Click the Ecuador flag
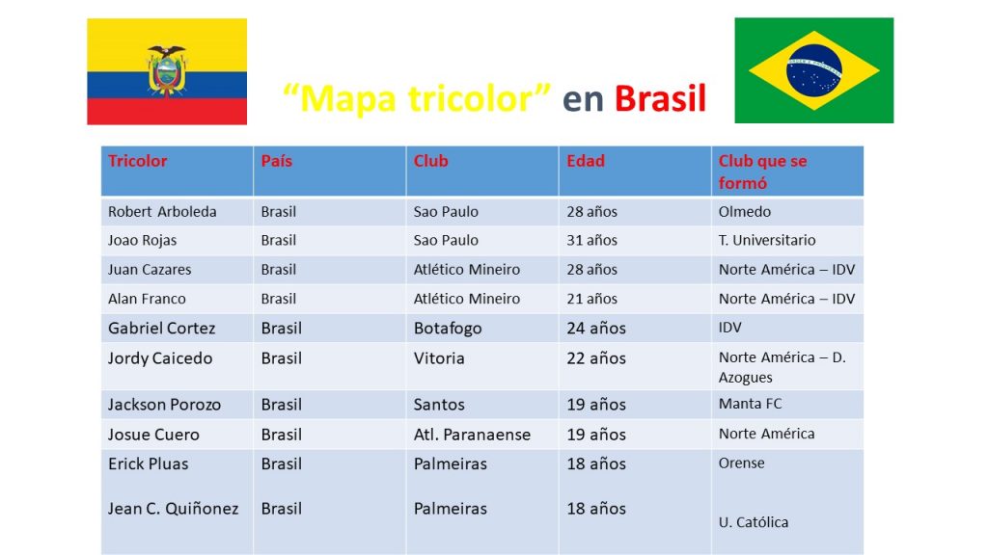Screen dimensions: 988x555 click(167, 71)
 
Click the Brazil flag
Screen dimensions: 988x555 click(814, 69)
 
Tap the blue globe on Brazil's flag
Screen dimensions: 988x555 click(814, 69)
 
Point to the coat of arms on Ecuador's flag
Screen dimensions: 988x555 click(166, 70)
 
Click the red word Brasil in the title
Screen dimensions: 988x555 click(660, 99)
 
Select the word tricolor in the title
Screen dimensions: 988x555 click(479, 99)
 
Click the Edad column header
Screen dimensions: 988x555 click(586, 161)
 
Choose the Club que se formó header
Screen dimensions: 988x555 click(762, 172)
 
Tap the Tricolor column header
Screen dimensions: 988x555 click(137, 161)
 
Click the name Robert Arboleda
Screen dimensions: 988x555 click(162, 211)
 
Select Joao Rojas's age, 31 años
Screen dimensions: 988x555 click(591, 240)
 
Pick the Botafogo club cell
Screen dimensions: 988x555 click(448, 329)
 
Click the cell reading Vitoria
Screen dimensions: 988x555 click(439, 358)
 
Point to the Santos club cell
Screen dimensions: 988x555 click(439, 405)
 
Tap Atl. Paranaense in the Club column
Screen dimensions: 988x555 click(472, 435)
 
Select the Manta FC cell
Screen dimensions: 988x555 click(750, 404)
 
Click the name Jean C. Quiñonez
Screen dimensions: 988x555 click(174, 509)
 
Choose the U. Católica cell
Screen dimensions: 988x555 click(753, 522)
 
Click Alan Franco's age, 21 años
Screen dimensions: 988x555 click(591, 299)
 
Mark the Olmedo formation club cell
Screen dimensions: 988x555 click(744, 211)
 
